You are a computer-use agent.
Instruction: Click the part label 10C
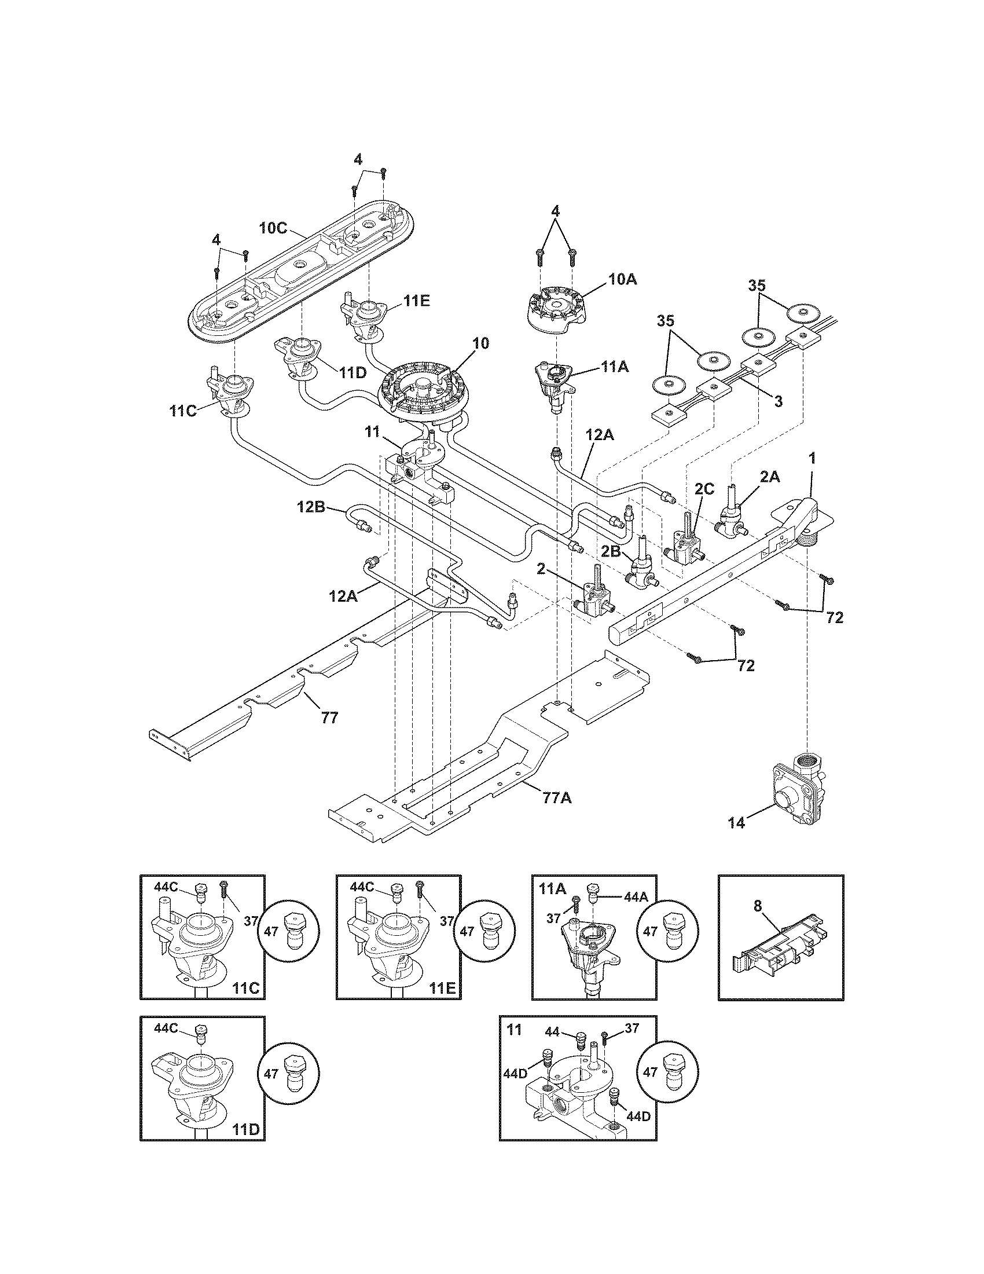(273, 228)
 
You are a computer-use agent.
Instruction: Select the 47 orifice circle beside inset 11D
(289, 1072)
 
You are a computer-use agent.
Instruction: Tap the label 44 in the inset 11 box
(552, 1033)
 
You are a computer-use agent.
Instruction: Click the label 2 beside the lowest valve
(541, 570)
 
